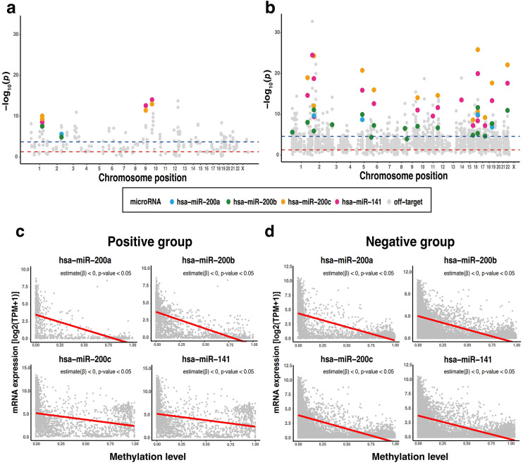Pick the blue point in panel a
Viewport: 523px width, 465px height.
(62, 135)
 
